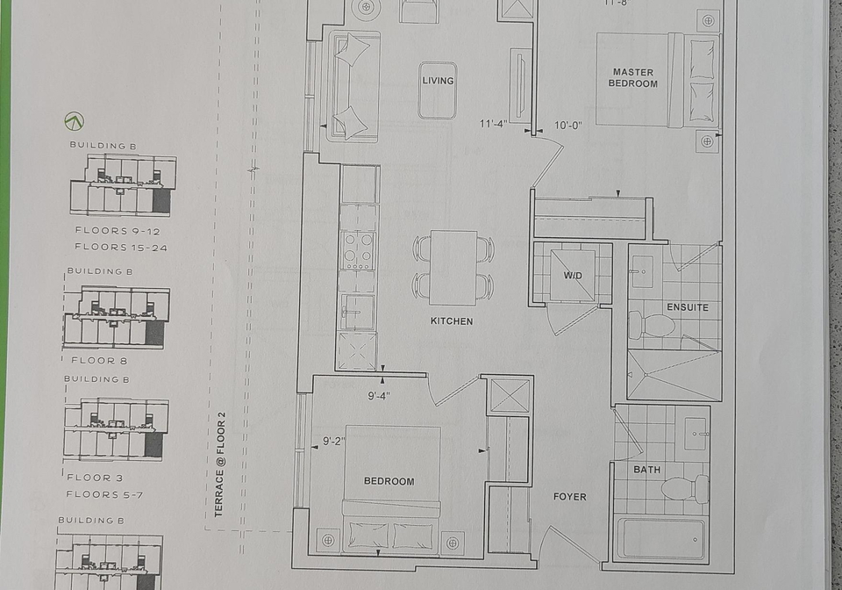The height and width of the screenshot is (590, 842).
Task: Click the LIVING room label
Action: tap(438, 81)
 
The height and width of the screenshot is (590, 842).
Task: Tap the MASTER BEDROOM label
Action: tap(633, 78)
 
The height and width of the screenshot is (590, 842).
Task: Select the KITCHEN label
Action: tap(452, 320)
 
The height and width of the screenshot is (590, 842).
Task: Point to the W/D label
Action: tap(573, 276)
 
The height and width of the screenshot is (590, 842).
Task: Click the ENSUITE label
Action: tap(688, 307)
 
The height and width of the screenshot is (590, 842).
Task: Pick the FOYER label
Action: tap(570, 497)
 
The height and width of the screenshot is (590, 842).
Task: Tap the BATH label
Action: tap(646, 470)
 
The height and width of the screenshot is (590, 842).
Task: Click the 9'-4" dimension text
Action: tap(379, 396)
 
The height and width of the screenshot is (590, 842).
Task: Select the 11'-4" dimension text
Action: tap(493, 124)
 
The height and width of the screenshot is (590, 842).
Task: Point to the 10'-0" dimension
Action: tap(568, 126)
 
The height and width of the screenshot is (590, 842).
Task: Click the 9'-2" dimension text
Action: tap(334, 442)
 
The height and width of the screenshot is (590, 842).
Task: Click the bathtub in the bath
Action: tap(661, 538)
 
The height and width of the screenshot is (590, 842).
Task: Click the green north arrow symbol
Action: tap(74, 121)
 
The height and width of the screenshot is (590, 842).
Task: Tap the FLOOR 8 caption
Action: tap(99, 361)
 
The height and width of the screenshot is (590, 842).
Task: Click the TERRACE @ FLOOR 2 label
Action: tap(219, 464)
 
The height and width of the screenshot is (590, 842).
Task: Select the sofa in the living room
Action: tap(353, 86)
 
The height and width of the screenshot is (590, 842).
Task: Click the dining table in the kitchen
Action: tap(453, 267)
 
